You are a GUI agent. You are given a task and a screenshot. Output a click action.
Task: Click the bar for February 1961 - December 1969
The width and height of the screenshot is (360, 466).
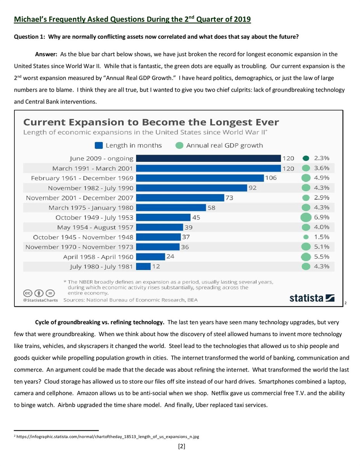(200, 178)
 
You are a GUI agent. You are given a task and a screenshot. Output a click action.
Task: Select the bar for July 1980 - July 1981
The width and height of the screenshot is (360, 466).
(143, 266)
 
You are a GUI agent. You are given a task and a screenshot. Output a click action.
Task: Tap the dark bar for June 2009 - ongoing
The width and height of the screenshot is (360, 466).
(208, 158)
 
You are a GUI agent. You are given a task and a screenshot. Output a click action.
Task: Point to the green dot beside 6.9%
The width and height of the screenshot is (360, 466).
(306, 217)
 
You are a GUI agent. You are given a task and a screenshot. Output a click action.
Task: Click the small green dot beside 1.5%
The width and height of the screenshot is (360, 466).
(306, 237)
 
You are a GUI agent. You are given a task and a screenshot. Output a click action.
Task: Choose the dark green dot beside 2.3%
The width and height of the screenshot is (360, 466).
(306, 158)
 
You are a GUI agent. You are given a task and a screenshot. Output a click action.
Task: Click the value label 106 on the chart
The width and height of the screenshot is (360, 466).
(271, 178)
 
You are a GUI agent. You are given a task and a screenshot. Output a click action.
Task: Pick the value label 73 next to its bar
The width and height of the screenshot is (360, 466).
(229, 198)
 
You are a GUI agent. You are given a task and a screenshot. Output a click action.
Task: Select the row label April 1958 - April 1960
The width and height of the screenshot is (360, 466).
(98, 257)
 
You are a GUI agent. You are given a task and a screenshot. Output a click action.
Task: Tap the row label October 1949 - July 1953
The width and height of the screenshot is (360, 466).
(94, 217)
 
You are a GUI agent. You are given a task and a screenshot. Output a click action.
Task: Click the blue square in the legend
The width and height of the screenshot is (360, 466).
(99, 146)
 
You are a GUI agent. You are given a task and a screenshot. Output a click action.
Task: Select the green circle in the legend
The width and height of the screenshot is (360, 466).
(179, 146)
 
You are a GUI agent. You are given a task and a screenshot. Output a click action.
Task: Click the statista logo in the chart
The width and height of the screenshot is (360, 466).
(312, 298)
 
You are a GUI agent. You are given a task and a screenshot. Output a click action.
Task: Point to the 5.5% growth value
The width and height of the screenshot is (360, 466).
(322, 257)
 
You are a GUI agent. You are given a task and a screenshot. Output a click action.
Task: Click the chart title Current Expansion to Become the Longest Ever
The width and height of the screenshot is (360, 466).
(151, 122)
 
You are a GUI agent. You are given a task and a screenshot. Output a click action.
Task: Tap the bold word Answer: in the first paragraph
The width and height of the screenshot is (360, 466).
(46, 54)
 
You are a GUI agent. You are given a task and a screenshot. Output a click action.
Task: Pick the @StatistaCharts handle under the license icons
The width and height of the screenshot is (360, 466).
(40, 300)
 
